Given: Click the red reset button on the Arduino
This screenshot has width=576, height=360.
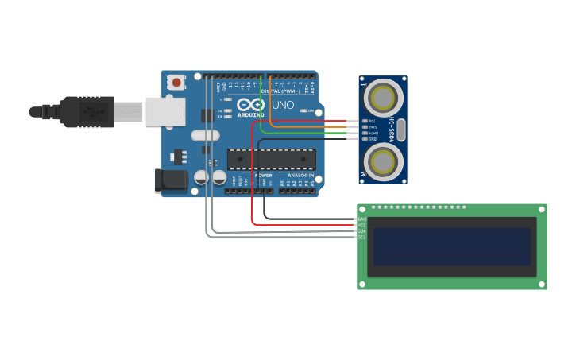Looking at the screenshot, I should click(176, 81).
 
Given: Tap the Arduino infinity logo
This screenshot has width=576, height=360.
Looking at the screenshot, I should click(249, 105).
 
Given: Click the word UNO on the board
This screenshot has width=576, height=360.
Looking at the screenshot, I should click(283, 105).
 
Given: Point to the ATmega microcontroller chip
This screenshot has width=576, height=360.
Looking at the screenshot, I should click(271, 159).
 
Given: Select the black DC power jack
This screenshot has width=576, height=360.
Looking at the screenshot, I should click(171, 180).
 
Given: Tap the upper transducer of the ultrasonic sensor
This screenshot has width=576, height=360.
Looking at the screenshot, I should click(382, 98).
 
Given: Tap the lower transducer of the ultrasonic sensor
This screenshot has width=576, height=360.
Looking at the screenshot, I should click(382, 161).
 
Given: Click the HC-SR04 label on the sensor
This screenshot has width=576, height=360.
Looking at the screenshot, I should click(392, 130).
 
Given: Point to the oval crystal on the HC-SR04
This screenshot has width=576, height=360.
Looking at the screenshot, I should click(401, 130).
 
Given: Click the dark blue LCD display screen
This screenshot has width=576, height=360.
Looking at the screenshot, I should click(451, 246).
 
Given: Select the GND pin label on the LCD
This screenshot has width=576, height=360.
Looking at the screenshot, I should click(362, 219).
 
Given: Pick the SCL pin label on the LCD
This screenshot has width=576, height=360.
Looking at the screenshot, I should click(362, 237).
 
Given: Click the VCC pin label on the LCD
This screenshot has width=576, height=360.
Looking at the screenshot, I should click(362, 225).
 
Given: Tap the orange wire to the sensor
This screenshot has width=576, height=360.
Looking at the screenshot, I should click(318, 126).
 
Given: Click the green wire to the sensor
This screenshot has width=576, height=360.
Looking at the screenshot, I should click(318, 133).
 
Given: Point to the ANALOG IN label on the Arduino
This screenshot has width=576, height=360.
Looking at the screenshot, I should click(301, 175).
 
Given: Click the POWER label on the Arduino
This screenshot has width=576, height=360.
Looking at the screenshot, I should click(263, 175).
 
